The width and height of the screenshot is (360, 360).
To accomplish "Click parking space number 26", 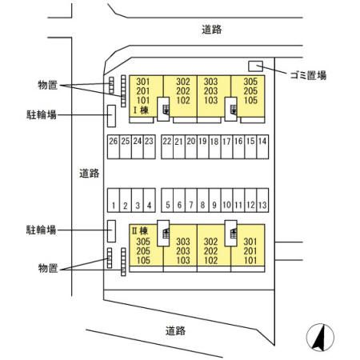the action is click(114, 147).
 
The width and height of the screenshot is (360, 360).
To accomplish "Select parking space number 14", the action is click(262, 147).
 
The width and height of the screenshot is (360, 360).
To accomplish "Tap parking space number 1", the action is click(114, 200).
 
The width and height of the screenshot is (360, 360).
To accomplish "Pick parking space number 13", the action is click(262, 200).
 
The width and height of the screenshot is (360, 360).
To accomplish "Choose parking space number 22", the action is click(167, 147).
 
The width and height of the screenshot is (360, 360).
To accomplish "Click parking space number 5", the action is click(167, 200).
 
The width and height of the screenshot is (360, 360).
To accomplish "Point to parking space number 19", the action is click(203, 147).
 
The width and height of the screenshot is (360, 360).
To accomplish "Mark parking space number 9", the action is click(214, 200).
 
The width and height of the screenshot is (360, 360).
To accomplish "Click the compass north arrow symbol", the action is click(320, 338).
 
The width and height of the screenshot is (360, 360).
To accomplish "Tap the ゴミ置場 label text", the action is click(308, 75).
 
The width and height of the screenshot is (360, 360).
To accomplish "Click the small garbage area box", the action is click(255, 66).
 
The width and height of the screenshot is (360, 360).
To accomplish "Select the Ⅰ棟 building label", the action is click(141, 110).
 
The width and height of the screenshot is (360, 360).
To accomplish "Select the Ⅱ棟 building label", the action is click(140, 231).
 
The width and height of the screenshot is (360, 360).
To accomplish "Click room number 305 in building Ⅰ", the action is click(250, 82).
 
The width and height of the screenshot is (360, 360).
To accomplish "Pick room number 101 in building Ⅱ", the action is click(250, 260).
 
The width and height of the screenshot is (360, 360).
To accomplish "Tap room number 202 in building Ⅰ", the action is click(183, 91).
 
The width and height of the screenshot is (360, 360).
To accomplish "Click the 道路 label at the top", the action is click(211, 30).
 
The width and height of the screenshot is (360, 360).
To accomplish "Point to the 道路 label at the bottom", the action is click(175, 331).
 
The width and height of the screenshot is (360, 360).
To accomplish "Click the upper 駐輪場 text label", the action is click(42, 114).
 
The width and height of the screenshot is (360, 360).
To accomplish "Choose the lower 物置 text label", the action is click(48, 268).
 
